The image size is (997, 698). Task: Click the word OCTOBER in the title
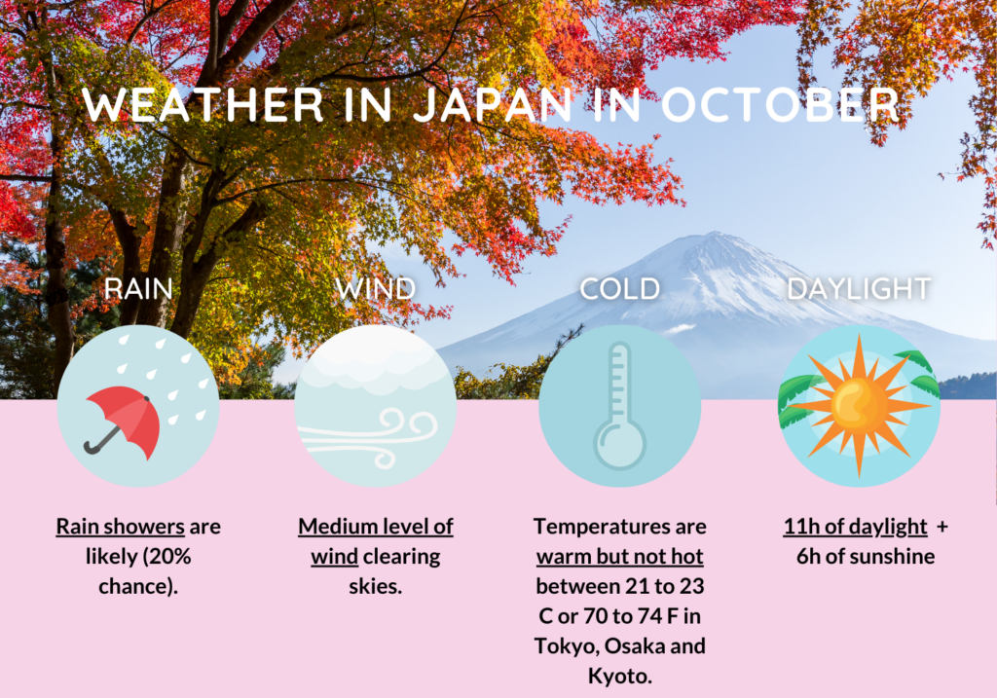(780, 105)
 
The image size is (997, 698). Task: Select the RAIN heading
(138, 289)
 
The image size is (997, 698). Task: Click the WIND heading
(376, 289)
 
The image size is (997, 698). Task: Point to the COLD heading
(620, 289)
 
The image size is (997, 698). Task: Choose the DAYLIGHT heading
(859, 289)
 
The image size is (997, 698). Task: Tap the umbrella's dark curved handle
(100, 442)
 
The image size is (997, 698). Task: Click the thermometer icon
(619, 407)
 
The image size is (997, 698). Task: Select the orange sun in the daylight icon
(859, 406)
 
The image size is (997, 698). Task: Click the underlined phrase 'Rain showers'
(120, 527)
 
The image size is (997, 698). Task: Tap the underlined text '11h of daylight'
(855, 527)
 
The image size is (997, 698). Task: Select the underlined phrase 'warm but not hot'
(620, 557)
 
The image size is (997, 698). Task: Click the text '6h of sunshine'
(866, 557)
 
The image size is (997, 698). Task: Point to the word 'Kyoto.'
(620, 677)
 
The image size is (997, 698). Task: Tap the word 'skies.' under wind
(376, 587)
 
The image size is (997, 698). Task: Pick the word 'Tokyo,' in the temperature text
(567, 646)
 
